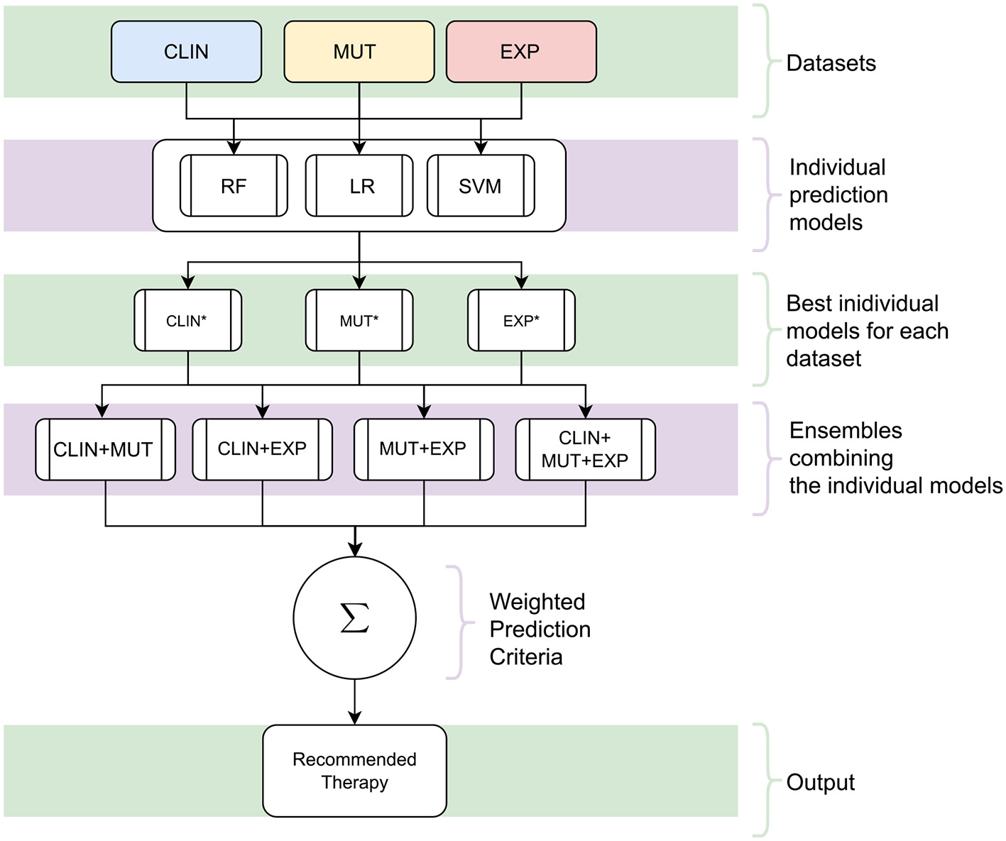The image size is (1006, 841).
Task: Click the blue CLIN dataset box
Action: (x=186, y=52)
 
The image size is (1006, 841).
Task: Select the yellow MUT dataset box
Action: (x=359, y=52)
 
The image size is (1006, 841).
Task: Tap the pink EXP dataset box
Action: (x=520, y=52)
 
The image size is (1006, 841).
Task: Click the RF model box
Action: (x=234, y=186)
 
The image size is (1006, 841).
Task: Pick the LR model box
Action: (x=359, y=186)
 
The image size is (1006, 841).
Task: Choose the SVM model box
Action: (x=481, y=186)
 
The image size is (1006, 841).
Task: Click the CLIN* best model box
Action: (x=187, y=321)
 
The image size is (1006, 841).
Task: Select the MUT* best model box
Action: (x=359, y=321)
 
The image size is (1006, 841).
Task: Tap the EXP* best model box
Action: (x=521, y=321)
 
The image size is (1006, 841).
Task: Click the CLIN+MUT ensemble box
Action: (x=105, y=449)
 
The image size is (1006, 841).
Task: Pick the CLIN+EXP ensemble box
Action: (x=262, y=449)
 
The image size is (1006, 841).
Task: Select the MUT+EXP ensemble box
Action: (x=424, y=449)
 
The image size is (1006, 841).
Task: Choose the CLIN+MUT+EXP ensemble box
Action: (x=585, y=449)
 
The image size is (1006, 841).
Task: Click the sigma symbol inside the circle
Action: (x=354, y=618)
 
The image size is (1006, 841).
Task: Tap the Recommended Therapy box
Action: (x=354, y=771)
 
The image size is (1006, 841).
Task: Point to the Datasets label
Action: (x=831, y=63)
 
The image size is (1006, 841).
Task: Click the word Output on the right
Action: (x=820, y=782)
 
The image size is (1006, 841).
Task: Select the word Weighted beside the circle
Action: (x=537, y=602)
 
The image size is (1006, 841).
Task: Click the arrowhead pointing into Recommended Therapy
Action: (x=354, y=718)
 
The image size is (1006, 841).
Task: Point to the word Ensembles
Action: (x=845, y=431)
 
